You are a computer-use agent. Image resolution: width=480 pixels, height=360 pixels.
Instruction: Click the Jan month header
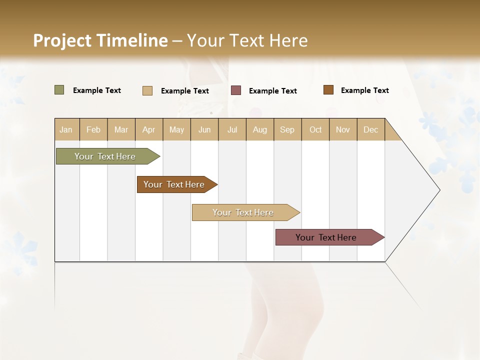(66, 129)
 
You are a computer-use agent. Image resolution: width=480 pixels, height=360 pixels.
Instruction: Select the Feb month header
(93, 129)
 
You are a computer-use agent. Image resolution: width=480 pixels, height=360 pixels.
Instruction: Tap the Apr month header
(148, 129)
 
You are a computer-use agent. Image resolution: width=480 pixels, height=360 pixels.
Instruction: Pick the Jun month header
(204, 129)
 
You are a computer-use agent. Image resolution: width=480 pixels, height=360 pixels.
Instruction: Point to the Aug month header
(259, 129)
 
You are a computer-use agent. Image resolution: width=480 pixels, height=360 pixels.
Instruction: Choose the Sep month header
(287, 129)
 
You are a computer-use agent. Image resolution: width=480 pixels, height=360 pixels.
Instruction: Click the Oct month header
(315, 129)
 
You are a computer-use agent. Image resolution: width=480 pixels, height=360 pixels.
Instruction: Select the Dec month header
(370, 129)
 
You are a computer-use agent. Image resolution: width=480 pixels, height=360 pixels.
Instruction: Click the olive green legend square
(59, 90)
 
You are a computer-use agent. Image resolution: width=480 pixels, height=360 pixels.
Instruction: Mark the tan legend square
(147, 90)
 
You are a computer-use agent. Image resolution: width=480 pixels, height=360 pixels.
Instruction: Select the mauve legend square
(236, 90)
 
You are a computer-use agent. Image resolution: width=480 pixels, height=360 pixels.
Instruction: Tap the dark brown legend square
(328, 90)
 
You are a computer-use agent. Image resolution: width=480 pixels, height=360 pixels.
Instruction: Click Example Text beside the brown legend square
(364, 90)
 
